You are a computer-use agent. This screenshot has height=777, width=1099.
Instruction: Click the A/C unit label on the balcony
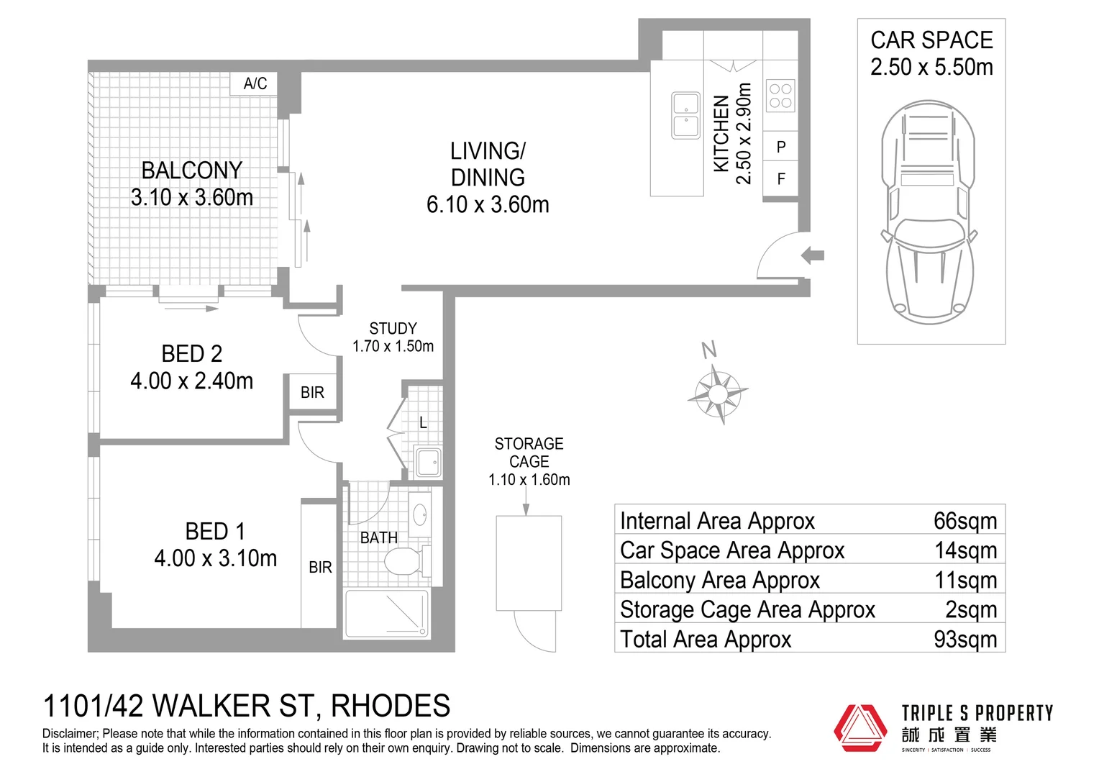point(255,83)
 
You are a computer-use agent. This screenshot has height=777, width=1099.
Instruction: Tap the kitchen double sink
point(685,115)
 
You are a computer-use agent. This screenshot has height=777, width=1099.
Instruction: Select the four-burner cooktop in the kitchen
point(780,96)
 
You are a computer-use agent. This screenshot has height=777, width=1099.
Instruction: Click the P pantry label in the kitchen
point(781,147)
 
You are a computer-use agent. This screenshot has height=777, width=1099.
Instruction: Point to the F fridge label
point(781,179)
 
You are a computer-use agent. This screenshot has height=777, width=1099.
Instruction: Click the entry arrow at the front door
point(813,255)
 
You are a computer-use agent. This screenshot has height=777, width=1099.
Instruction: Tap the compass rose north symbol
point(717,392)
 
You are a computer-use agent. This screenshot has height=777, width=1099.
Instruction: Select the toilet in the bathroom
point(403,561)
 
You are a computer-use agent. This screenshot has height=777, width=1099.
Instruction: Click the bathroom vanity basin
point(419,514)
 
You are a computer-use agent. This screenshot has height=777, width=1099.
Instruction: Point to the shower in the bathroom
point(387,614)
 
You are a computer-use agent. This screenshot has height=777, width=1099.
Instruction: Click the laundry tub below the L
point(429,462)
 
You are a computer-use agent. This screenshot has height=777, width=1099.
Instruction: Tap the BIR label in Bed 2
point(312,393)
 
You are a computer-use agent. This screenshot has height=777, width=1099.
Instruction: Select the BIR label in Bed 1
point(320,568)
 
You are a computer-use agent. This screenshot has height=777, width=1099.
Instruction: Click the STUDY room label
point(393,329)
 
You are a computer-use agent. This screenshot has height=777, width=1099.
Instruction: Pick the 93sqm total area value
point(965,639)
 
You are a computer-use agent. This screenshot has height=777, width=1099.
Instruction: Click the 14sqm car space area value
point(965,550)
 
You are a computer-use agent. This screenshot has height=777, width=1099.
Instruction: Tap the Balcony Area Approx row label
point(719,580)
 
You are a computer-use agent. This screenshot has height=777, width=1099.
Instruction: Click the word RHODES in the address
point(391,706)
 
